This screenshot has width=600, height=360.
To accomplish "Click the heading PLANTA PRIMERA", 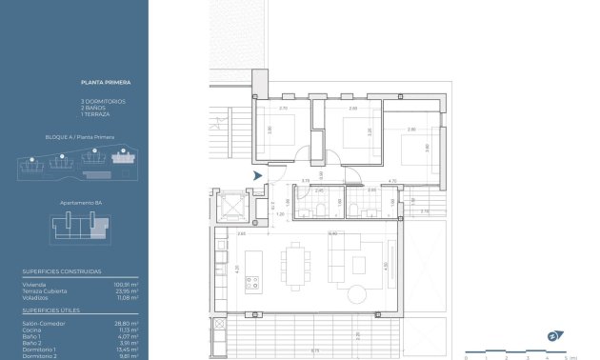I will pyautogui.click(x=99, y=83).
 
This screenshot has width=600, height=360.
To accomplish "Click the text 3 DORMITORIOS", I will pyautogui.click(x=103, y=101).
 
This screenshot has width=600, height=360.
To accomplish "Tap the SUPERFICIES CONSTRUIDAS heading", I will pyautogui.click(x=62, y=270).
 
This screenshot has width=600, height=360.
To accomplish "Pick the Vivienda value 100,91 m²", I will pyautogui.click(x=128, y=283).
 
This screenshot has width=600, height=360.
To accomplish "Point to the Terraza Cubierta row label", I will pyautogui.click(x=45, y=290).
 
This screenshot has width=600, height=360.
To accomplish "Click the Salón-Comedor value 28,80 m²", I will pyautogui.click(x=128, y=324).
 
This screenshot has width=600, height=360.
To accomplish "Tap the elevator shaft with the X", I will pyautogui.click(x=232, y=206).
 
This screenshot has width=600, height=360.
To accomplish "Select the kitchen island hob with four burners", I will pyautogui.click(x=254, y=283).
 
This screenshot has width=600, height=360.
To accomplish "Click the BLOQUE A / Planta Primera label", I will pyautogui.click(x=80, y=137).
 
